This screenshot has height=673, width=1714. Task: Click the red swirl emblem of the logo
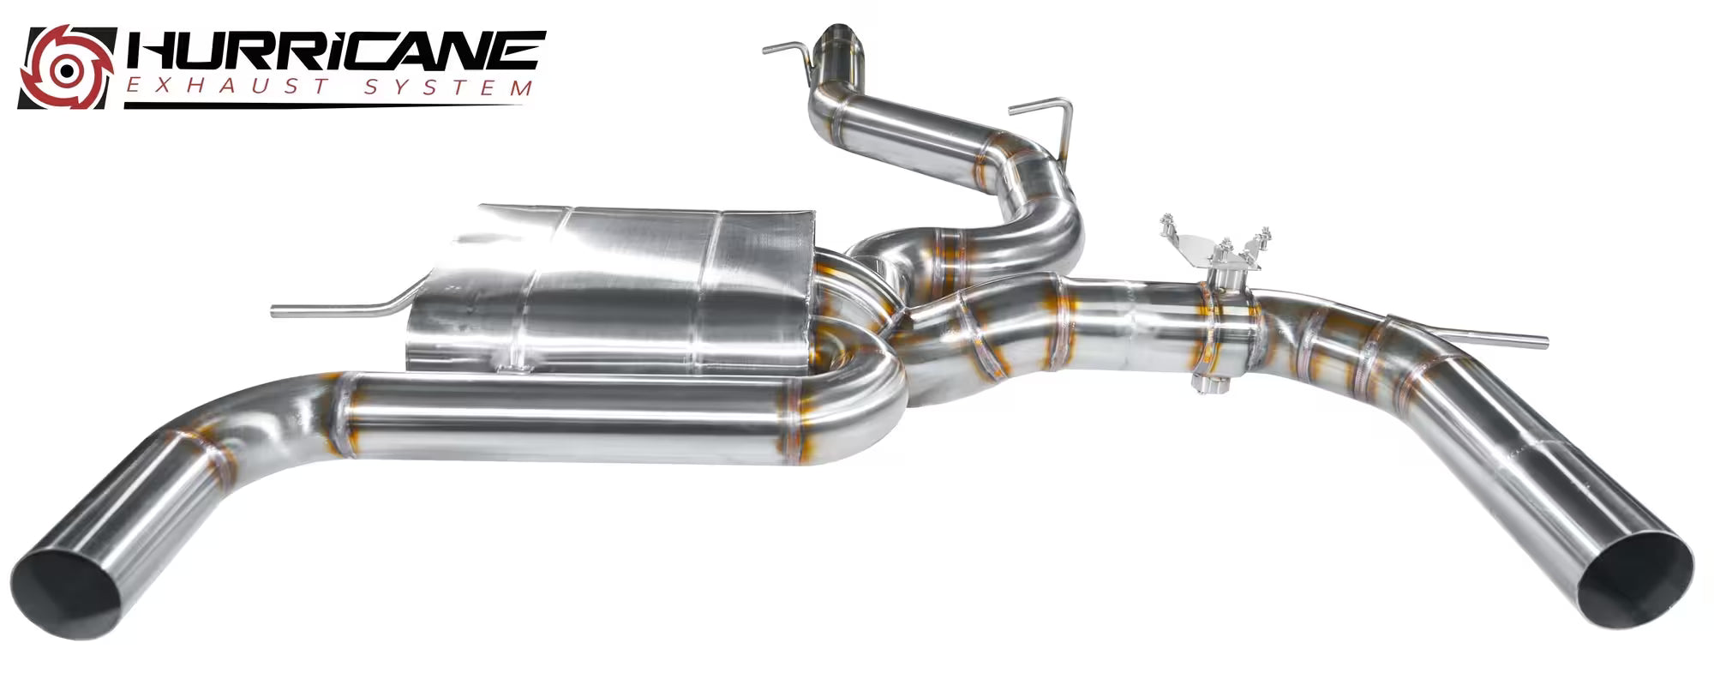pos(67,67)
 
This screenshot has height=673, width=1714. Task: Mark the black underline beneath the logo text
pos(324,105)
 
